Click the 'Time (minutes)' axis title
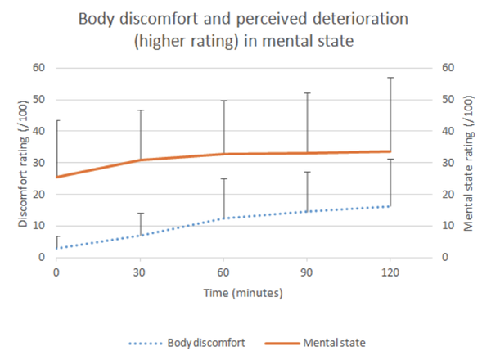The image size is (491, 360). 245,292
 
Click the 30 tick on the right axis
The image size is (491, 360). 448,162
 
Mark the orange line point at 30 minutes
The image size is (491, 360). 140,160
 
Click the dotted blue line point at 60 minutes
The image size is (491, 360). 223,218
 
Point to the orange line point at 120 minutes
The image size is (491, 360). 390,151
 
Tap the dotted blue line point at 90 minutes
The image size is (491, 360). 307,211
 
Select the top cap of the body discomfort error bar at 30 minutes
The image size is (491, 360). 140,213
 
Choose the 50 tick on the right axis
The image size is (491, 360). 448,99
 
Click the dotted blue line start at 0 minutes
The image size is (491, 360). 56,248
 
